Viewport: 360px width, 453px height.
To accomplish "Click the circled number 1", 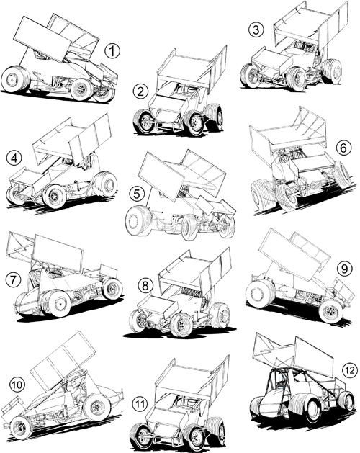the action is point(112,51).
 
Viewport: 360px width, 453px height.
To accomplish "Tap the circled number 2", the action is point(140,91).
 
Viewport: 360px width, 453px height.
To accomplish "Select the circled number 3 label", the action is point(256,30).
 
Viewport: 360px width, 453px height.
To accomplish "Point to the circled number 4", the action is point(14,158).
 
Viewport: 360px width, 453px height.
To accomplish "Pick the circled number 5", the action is point(137,194).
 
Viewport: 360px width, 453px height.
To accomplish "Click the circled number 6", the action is point(343,148).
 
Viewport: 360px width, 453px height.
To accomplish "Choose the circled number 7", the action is point(13,280).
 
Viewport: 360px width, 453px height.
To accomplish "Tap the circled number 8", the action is point(145,286).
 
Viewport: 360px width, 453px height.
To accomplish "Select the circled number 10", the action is point(17,385).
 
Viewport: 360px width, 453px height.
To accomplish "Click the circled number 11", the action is point(140,404).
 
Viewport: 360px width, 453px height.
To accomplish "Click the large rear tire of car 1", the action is point(15,79).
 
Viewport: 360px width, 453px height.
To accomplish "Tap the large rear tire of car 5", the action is point(138,220).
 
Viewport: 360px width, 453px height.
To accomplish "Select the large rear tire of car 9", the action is point(261,294).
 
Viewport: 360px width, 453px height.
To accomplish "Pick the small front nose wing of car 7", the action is point(109,271).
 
